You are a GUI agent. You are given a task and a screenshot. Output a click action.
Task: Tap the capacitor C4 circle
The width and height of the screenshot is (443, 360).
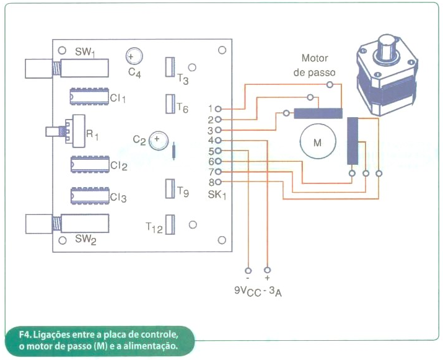click(133, 56)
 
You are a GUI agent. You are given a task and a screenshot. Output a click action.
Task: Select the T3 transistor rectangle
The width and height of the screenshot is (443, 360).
click(169, 66)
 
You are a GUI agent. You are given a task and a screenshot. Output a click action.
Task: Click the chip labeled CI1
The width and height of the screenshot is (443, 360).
click(88, 98)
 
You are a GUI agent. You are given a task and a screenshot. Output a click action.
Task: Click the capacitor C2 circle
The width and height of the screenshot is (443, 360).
click(159, 141)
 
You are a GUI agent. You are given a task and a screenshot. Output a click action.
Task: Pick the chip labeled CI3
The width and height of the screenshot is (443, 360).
click(88, 198)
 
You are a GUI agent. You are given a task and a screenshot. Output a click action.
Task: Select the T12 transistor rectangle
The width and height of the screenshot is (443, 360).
click(169, 224)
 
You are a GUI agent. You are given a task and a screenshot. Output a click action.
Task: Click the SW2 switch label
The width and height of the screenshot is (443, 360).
click(86, 240)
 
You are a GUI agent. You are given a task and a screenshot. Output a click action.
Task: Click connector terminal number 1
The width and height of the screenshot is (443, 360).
click(218, 108)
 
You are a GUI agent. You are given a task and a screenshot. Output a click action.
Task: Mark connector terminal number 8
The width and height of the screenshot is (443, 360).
click(218, 182)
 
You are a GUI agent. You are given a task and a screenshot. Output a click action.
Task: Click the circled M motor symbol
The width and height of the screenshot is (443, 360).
click(317, 143)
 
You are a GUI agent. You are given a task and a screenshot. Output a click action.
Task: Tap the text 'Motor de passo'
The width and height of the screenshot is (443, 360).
click(314, 65)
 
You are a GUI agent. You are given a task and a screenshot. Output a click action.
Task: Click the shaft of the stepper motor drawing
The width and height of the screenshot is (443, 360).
click(387, 45)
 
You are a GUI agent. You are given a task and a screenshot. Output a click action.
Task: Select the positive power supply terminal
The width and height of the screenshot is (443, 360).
click(268, 270)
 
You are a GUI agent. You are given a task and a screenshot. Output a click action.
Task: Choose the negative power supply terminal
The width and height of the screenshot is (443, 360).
click(248, 270)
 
